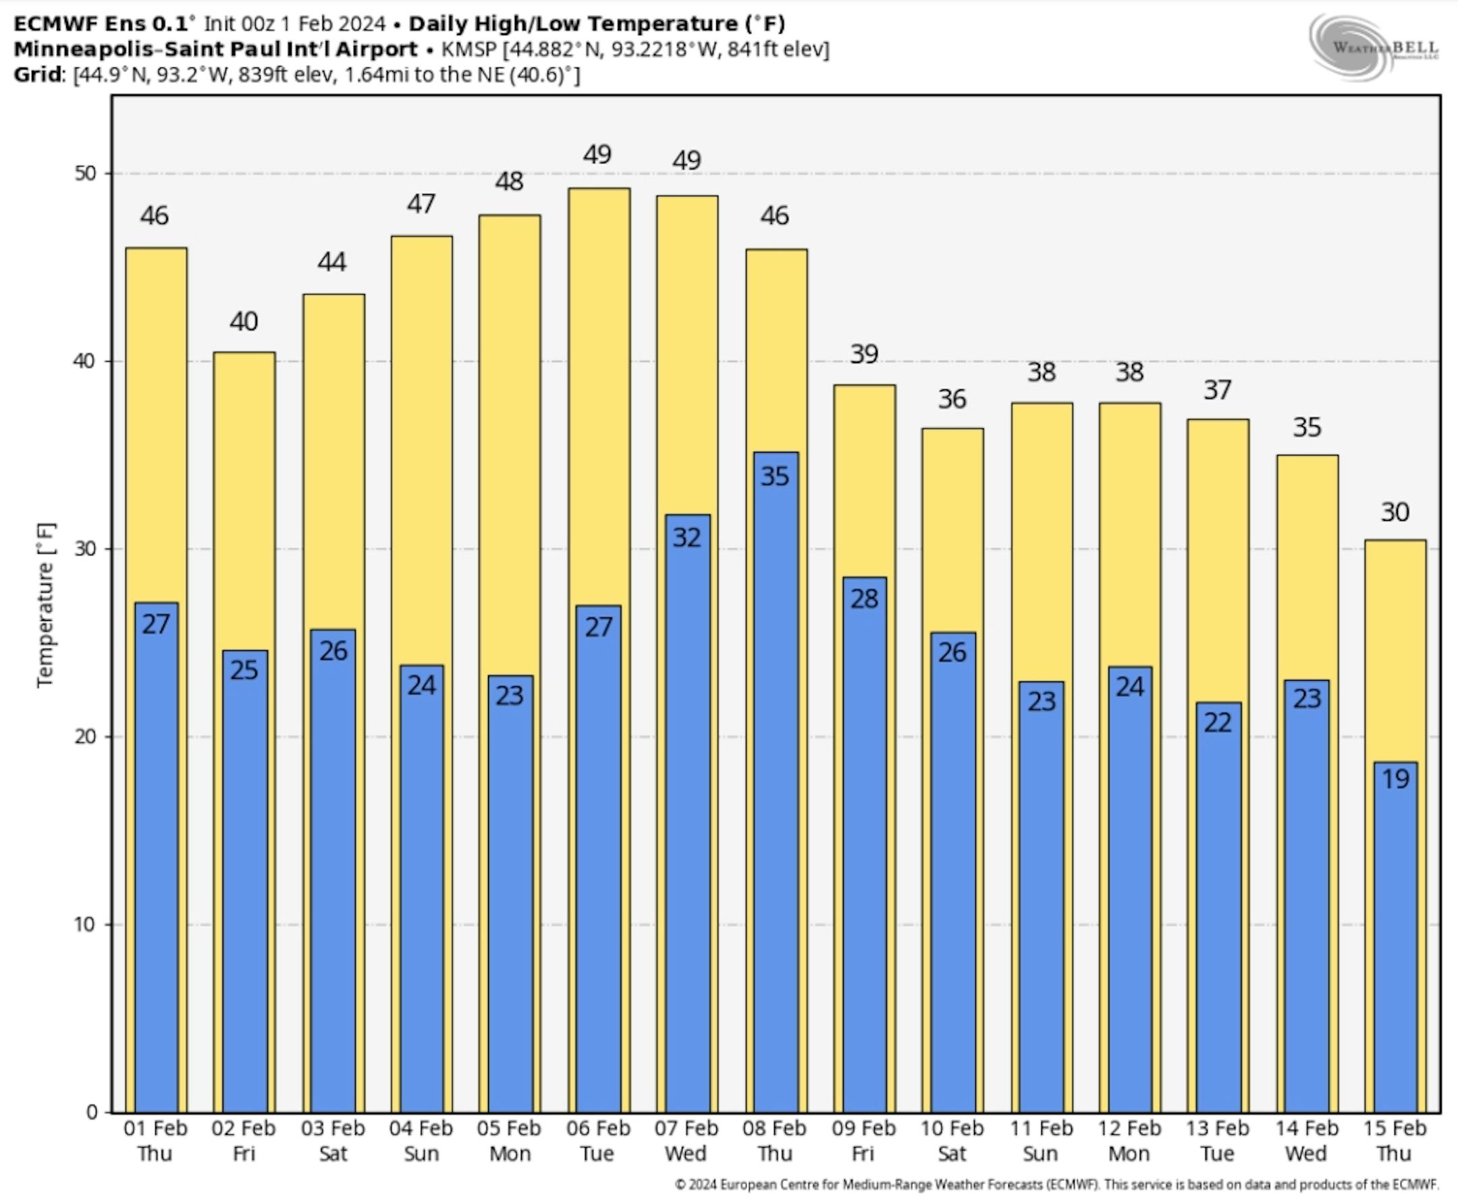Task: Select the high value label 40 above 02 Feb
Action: coord(244,322)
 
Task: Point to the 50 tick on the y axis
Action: coord(85,173)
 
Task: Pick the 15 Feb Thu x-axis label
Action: coord(1395,1141)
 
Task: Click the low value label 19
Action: coord(1395,780)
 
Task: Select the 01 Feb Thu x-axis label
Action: coord(155,1141)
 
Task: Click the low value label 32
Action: coord(686,538)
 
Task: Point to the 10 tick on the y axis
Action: coord(85,924)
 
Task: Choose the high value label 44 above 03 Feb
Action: coord(332,262)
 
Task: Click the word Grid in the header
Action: coord(38,75)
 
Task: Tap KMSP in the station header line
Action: coord(468,50)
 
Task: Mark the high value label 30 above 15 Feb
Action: coord(1395,513)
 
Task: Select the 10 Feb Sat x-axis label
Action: coord(952,1141)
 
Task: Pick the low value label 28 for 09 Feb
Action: coord(864,599)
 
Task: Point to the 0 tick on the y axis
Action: coord(91,1112)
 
